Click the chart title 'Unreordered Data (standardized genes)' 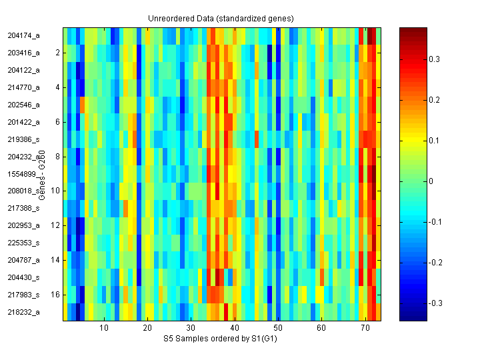coord(220,18)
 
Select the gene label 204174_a coord(23,35)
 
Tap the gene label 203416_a coord(23,52)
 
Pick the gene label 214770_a coord(23,87)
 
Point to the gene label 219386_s coord(23,139)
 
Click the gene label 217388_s coord(23,208)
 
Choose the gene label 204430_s coord(23,277)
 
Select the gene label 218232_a coord(23,312)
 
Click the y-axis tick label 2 coord(57,52)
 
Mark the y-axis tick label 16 coord(55,294)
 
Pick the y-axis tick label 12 coord(55,225)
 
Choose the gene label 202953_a coord(23,225)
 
